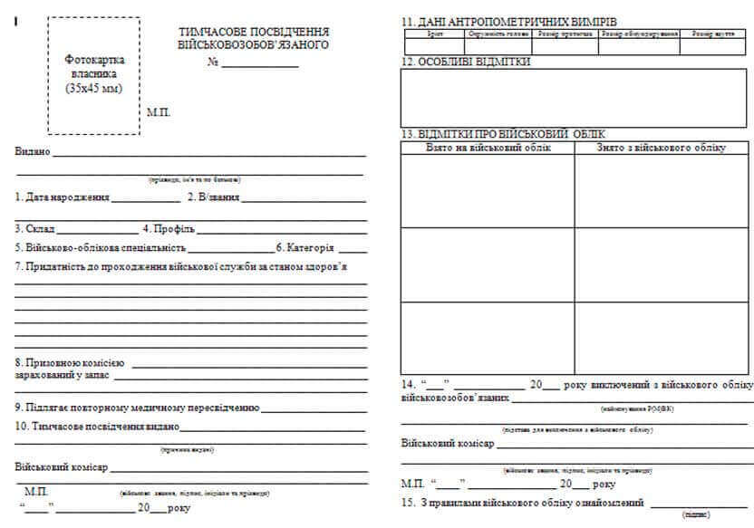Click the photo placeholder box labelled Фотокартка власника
[x=94, y=75]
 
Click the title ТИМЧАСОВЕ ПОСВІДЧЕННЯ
[x=253, y=31]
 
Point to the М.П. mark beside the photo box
[x=158, y=112]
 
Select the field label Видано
[x=33, y=150]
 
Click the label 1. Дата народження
[x=63, y=196]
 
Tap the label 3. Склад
[x=35, y=229]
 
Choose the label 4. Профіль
[x=168, y=229]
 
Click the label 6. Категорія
[x=305, y=247]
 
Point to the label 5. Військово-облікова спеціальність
[x=100, y=247]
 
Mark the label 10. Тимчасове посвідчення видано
[x=96, y=426]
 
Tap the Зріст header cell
[x=435, y=33]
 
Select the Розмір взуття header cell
[x=713, y=33]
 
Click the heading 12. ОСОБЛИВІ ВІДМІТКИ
[x=466, y=62]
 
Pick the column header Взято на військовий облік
[x=488, y=147]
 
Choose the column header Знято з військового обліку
[x=661, y=147]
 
